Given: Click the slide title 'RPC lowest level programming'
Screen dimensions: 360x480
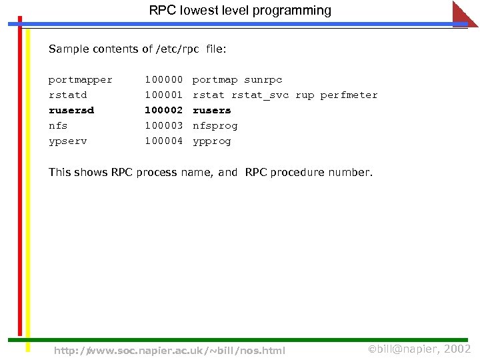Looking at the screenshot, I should coord(240,11).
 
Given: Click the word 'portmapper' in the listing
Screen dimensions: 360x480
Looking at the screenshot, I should coord(81,80).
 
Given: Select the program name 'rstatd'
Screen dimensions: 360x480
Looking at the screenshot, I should coord(67,95).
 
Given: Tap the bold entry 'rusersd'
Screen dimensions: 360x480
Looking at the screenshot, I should coord(71,111).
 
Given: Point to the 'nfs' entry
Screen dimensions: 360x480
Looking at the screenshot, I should coord(58,126).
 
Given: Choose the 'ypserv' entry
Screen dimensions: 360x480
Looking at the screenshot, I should coord(67,141).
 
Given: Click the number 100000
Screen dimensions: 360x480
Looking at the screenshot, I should coord(163,80).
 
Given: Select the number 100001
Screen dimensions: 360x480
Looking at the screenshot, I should coord(163,95).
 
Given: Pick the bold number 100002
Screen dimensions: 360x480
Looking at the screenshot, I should coord(163,111).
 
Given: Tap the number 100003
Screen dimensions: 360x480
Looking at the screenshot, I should coord(163,126).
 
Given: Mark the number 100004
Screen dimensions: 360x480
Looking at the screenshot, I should coord(163,141).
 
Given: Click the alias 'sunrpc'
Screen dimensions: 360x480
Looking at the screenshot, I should coord(263,80).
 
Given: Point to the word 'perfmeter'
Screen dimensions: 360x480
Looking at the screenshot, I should coord(349,95).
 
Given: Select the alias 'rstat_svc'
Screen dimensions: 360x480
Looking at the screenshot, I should coord(260,95).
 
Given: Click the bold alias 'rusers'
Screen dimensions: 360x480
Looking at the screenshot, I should coord(212,111).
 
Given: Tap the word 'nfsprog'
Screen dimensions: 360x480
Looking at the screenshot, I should coord(215,126).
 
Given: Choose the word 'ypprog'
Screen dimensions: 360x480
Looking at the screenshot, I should coord(211,141).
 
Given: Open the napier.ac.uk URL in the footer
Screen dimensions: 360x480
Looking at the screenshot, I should coord(169,351).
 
